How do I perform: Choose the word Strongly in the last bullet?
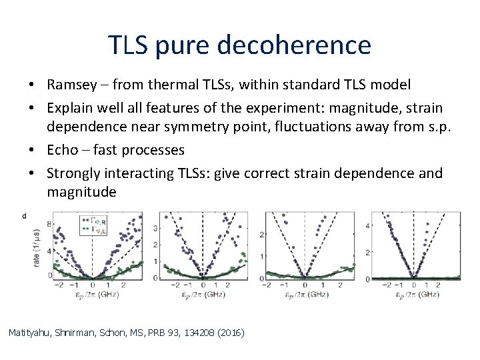71,173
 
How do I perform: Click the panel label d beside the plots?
25,215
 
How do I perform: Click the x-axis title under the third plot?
304,293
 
